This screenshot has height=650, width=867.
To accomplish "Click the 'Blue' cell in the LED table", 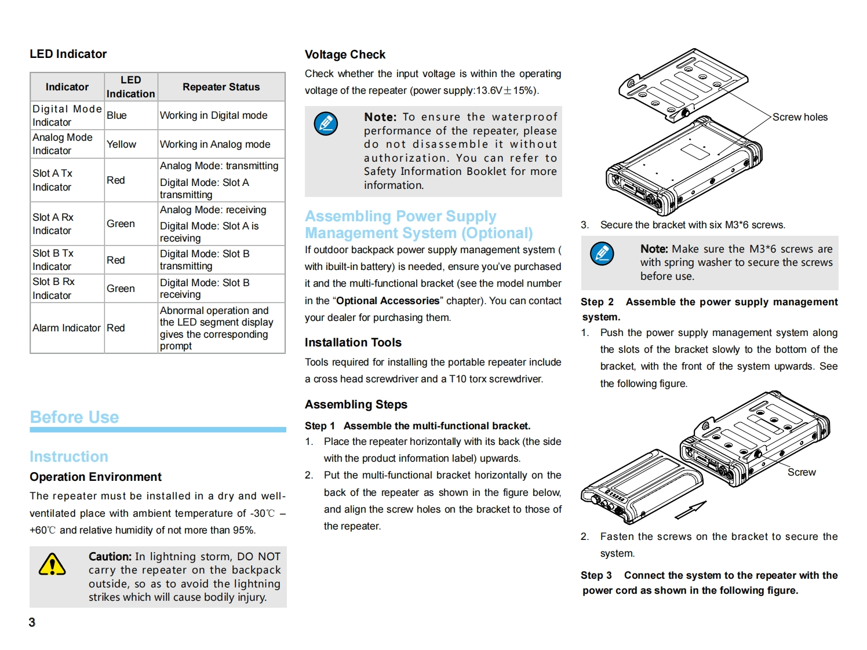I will coord(116,115).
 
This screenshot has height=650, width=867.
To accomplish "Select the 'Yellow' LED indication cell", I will coord(121,144).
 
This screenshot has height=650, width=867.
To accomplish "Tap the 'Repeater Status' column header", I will coord(221,87).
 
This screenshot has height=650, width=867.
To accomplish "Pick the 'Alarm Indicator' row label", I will coord(67,328).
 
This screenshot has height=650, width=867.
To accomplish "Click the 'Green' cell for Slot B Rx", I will coord(121,289).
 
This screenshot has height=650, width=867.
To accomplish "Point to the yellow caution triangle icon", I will coord(52,564).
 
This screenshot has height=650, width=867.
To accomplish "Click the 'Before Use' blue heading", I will coord(74,417).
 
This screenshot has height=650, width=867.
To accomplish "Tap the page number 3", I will coord(32,622).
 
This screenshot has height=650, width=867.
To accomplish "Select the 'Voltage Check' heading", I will coord(345,54).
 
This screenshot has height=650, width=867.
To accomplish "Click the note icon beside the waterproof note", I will coord(326,123).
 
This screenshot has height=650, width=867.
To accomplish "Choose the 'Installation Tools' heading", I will coord(353,342).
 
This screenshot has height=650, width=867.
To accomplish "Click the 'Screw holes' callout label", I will coord(800,117).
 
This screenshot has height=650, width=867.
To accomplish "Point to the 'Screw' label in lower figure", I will coord(802,472).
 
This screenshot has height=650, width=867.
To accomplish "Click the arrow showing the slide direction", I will coord(690,510).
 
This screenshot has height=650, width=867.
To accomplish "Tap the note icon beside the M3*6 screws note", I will coord(602,253).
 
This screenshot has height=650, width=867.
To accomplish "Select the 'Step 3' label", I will coord(596,575).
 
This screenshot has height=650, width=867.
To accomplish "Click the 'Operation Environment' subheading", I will coord(96,477).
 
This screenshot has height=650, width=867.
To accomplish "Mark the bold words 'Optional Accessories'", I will coord(388,301).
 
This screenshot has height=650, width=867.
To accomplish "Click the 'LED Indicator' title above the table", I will coord(68,54).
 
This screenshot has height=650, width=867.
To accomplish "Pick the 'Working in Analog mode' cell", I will coord(215,144).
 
